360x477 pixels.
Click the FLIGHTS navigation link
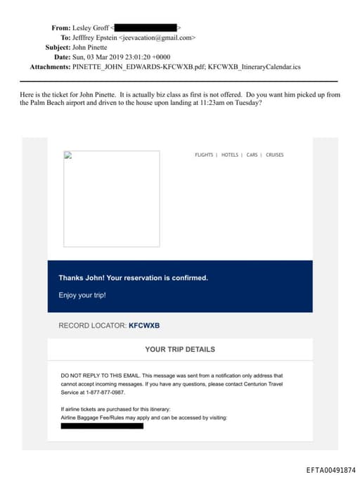pyautogui.click(x=204, y=155)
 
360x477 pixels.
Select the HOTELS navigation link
pyautogui.click(x=230, y=155)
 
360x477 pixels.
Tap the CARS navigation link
pyautogui.click(x=252, y=155)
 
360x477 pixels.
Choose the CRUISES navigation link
pyautogui.click(x=275, y=155)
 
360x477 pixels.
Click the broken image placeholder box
pyautogui.click(x=111, y=198)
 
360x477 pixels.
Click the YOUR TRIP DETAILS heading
pyautogui.click(x=180, y=349)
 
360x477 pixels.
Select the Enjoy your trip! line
pyautogui.click(x=82, y=295)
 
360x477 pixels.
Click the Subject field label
pyautogui.click(x=58, y=47)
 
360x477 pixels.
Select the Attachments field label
pyautogui.click(x=49, y=67)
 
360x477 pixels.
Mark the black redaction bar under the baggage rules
pyautogui.click(x=102, y=426)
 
